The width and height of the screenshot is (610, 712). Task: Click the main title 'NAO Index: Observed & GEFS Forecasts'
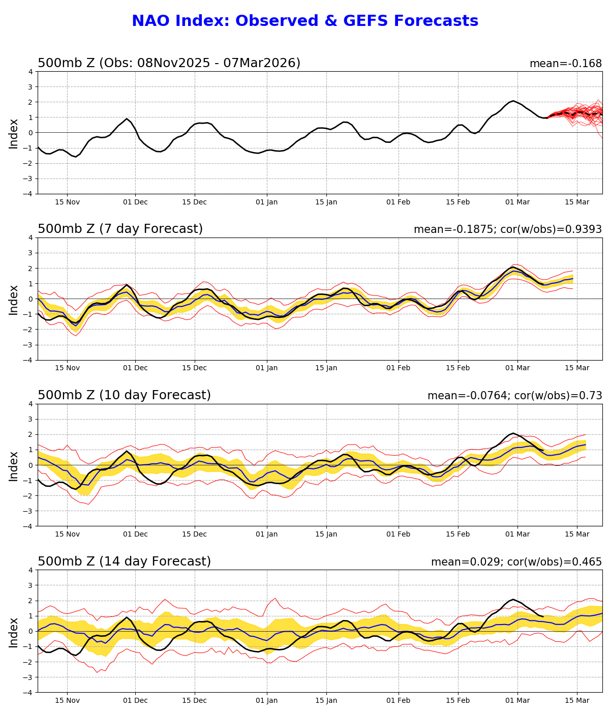point(305,21)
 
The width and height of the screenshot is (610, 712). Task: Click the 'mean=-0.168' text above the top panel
point(565,64)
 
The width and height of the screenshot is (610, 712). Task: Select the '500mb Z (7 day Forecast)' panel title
point(120,229)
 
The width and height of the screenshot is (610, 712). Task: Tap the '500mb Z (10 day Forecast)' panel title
point(124,396)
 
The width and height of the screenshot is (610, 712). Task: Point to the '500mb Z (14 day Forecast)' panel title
point(124,562)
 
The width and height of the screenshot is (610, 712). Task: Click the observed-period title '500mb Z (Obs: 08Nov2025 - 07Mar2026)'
point(169,63)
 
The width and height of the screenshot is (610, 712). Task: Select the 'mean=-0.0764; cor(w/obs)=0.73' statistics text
point(514,396)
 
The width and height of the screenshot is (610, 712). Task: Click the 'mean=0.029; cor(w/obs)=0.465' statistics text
point(516,562)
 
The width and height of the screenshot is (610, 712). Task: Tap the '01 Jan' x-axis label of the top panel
point(267,202)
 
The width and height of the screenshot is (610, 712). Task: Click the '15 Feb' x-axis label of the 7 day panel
point(457,368)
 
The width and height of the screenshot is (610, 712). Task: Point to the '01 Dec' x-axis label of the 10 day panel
point(135,535)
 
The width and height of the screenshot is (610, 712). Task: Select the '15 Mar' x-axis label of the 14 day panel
point(577,701)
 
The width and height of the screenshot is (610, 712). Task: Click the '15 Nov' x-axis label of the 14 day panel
point(67,701)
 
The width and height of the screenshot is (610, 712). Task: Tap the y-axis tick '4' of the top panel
point(30,72)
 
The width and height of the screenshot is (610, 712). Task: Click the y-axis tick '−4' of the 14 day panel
point(28,692)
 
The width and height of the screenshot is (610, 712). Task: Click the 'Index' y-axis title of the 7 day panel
point(14,300)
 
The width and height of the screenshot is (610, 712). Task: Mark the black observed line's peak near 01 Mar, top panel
point(513,101)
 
